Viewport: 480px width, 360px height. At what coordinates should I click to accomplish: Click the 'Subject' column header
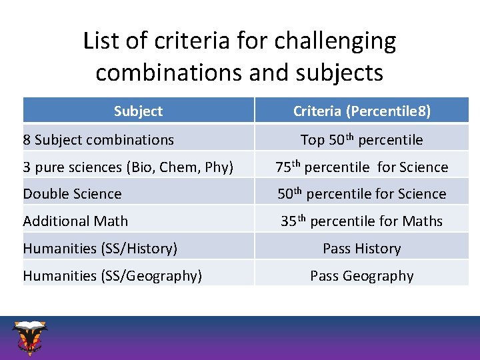(x=138, y=111)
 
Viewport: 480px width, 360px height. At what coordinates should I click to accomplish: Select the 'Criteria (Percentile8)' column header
(x=362, y=111)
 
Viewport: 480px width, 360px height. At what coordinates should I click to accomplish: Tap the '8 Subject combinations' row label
(x=98, y=140)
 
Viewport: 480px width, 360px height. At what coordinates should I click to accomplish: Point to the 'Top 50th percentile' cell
(x=362, y=139)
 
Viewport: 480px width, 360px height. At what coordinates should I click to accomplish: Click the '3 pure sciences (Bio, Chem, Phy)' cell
(x=128, y=167)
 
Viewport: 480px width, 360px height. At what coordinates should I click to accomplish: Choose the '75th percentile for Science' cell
(x=362, y=167)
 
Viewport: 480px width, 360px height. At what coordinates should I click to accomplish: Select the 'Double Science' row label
(x=72, y=194)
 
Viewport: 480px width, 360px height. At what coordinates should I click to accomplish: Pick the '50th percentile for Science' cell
(x=362, y=194)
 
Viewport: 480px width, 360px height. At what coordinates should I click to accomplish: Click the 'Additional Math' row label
(x=75, y=221)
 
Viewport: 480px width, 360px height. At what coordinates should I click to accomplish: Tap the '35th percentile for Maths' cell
(x=362, y=221)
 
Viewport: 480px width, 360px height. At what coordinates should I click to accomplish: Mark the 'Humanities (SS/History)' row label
(x=100, y=249)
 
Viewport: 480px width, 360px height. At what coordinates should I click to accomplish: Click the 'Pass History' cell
(x=362, y=249)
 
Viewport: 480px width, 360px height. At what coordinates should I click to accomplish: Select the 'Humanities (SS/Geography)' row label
(x=112, y=276)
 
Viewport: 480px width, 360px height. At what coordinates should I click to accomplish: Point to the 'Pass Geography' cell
(x=362, y=276)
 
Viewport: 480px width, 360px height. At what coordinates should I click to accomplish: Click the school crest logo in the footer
(x=30, y=337)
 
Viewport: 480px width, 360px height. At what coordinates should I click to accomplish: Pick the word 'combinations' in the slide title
(x=169, y=72)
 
